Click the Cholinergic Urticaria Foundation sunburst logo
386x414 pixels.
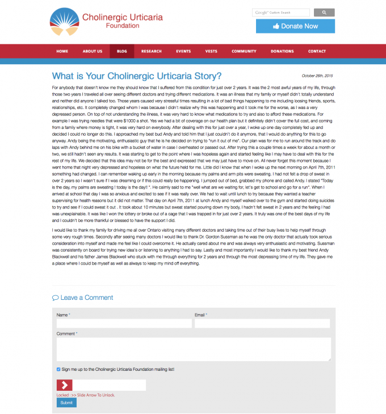coord(63,21)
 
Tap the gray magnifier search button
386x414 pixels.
coord(324,12)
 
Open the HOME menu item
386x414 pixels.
coord(62,51)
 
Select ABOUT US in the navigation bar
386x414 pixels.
coord(92,51)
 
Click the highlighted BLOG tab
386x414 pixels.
coord(121,51)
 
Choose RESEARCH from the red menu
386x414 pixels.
coord(152,51)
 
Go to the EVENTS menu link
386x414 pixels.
coord(183,51)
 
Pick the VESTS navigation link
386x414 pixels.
coord(211,51)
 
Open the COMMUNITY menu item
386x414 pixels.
coord(244,51)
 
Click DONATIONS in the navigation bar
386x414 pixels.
coord(282,51)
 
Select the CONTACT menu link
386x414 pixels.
coord(317,51)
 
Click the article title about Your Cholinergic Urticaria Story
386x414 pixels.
coord(136,76)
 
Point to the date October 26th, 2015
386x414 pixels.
coord(317,76)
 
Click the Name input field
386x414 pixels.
coord(124,323)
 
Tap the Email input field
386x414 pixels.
coord(262,323)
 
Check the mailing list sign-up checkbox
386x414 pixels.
coord(58,369)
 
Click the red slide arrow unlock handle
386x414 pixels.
coord(64,385)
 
